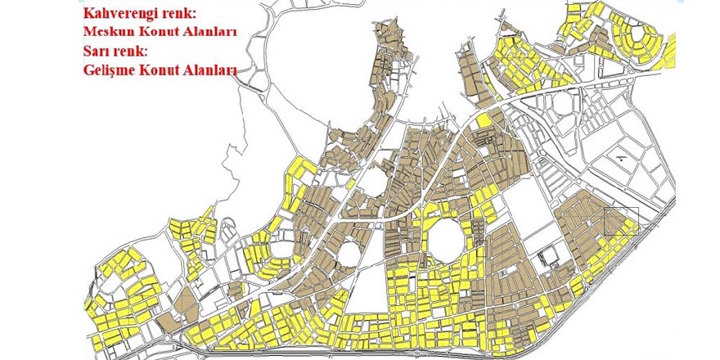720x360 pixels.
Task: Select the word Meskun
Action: (111, 34)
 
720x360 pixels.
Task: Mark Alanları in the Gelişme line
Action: (214, 70)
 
